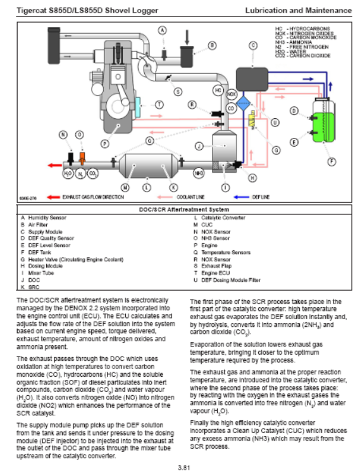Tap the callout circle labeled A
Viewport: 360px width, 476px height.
163,30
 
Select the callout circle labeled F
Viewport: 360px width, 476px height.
332,162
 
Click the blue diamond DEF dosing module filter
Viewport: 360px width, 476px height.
244,104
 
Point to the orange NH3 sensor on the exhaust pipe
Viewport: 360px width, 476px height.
82,158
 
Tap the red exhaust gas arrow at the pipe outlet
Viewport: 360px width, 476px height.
55,165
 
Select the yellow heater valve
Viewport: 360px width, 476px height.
252,119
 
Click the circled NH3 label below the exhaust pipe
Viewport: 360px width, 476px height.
199,173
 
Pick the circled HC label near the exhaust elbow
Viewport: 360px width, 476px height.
218,90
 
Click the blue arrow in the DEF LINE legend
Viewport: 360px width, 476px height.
242,197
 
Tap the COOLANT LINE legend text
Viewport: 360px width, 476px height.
190,197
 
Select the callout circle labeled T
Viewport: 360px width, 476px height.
159,105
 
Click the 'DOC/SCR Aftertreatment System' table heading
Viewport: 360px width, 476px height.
184,209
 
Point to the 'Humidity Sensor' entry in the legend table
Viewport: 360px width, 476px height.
47,217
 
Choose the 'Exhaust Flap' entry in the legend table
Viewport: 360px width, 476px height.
216,266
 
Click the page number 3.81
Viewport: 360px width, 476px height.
184,468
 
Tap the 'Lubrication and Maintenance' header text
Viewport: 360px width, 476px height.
299,10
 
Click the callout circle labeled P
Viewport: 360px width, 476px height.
105,144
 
